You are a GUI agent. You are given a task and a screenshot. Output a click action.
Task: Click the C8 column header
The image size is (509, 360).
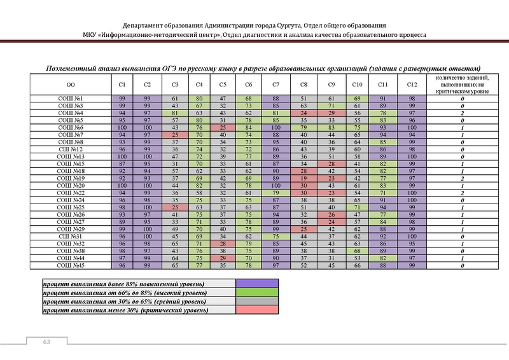304,85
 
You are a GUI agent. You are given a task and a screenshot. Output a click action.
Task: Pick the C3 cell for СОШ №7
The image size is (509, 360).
173,135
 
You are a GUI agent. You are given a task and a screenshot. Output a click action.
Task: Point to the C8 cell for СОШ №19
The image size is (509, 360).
304,179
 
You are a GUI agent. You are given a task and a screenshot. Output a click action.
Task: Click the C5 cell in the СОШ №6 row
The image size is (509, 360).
223,128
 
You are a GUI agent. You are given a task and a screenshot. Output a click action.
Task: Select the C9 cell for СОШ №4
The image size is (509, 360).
331,113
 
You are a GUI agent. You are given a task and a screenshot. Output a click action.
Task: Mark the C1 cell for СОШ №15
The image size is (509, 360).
122,164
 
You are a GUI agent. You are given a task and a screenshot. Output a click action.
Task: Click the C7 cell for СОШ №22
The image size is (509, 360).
275,193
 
